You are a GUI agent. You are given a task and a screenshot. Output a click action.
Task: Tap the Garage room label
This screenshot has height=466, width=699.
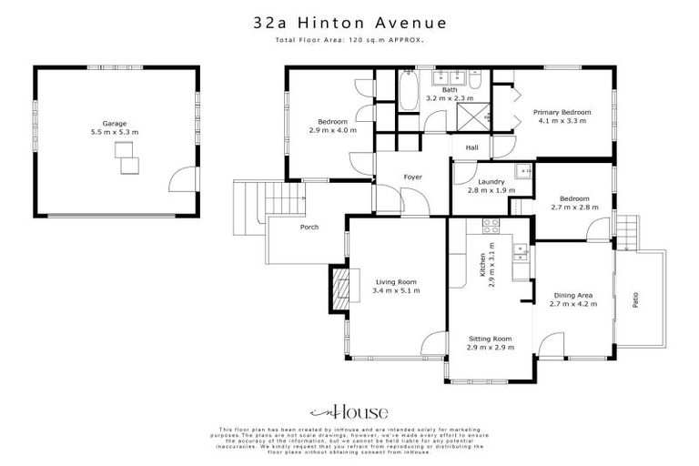114,123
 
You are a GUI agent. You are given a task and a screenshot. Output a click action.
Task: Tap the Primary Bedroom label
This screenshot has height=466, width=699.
564,112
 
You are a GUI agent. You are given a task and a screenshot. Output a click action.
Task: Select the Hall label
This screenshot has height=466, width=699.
471,147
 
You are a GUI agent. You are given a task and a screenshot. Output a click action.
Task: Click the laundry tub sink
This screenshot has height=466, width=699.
522,169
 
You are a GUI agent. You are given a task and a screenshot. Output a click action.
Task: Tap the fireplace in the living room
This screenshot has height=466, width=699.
339,289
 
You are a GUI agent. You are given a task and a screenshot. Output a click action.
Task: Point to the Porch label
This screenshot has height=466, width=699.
309,227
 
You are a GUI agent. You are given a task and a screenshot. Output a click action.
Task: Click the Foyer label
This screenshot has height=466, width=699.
412,177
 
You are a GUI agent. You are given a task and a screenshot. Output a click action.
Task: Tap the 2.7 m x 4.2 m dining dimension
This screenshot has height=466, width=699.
573,304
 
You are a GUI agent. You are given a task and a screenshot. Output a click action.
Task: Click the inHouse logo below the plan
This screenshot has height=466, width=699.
349,410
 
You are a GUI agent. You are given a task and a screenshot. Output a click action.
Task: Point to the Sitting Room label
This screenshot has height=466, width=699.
489,339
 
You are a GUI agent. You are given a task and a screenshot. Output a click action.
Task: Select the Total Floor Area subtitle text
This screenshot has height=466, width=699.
349,42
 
